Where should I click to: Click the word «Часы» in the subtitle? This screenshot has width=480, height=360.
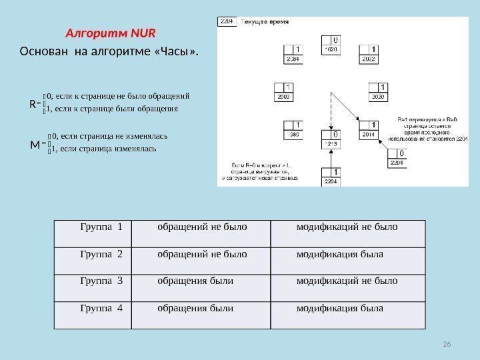tap(177, 51)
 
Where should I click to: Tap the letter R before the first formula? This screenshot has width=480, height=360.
tap(34, 104)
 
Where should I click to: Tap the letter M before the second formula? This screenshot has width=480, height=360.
tap(35, 143)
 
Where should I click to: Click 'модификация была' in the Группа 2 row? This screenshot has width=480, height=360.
tap(340, 254)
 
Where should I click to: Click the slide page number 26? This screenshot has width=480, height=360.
tap(447, 343)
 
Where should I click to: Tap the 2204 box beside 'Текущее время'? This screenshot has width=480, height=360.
tap(227, 22)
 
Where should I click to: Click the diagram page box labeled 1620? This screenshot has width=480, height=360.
tap(331, 45)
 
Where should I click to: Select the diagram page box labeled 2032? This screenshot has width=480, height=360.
tap(368, 54)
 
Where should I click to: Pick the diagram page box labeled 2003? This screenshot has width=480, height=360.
tap(283, 92)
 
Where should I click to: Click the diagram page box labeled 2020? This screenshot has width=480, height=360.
tap(379, 92)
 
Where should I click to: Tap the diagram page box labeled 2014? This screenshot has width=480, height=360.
tap(369, 129)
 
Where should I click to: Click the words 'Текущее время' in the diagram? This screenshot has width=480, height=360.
tap(265, 22)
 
